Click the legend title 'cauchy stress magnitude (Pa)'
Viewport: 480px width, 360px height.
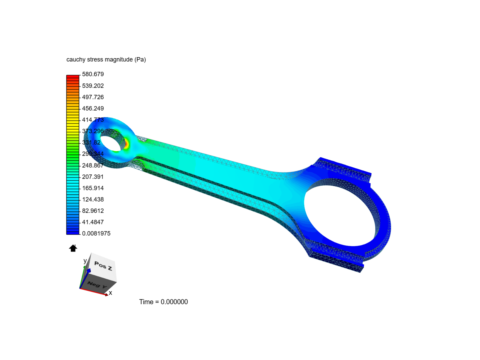[x=106, y=60]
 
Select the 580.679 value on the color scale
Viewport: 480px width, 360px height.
[x=93, y=74]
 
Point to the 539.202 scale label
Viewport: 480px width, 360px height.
[x=93, y=86]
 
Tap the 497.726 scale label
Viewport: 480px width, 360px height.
[x=93, y=97]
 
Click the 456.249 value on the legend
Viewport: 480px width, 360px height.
[x=93, y=108]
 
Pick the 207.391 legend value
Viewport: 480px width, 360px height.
[x=93, y=177]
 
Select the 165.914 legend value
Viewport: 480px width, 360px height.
[x=93, y=188]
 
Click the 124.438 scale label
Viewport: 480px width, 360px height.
[x=93, y=199]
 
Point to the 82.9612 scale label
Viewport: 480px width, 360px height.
[x=93, y=211]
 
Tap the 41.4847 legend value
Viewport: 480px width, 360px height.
[x=93, y=222]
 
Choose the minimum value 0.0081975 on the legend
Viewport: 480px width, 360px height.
[x=96, y=233]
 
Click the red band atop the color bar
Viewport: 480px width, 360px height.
[x=73, y=77]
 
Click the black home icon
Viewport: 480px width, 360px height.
[x=73, y=248]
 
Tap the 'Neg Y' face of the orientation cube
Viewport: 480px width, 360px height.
[x=97, y=285]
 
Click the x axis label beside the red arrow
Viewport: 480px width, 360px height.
[x=110, y=293]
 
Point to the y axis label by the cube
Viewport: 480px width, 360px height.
[x=85, y=261]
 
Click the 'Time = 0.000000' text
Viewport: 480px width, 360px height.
[x=163, y=302]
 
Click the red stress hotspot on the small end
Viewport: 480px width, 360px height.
[x=127, y=144]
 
